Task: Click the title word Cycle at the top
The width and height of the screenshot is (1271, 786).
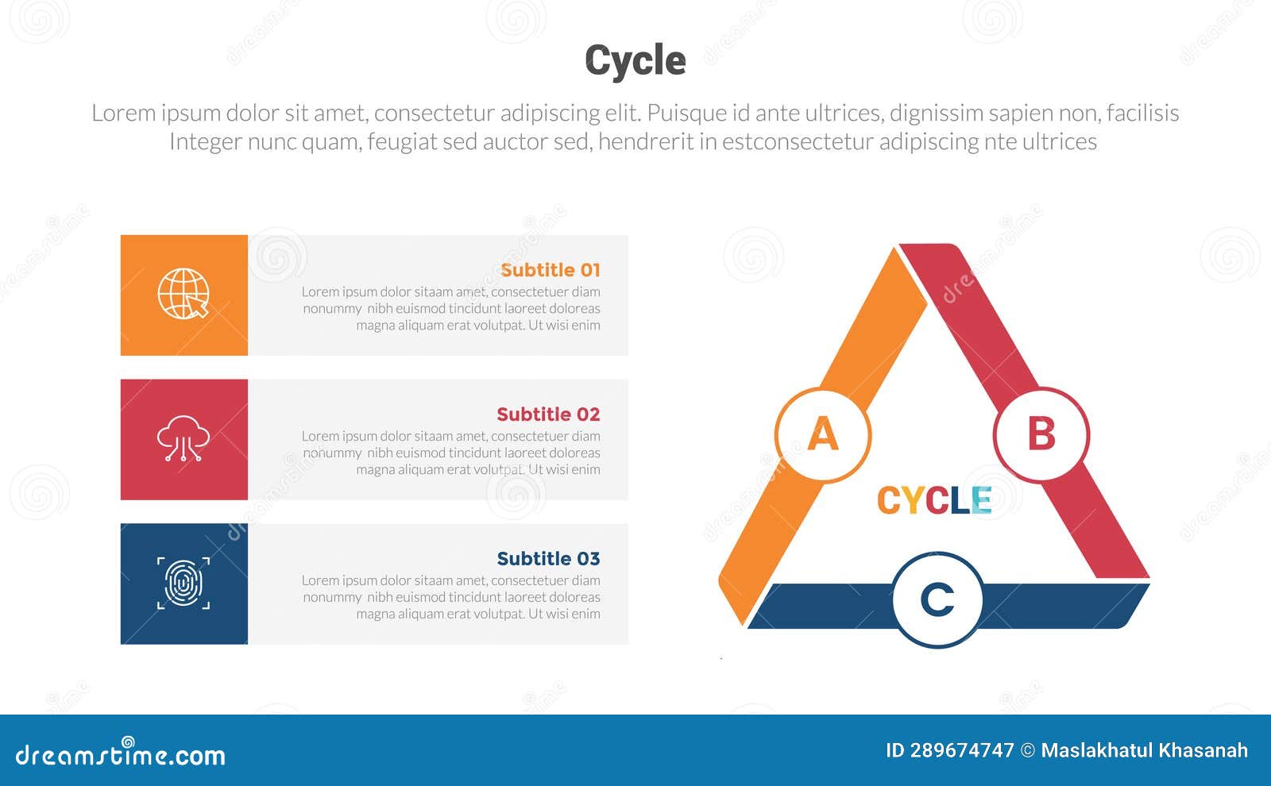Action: (635, 60)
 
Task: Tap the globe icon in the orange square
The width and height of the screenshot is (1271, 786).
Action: (184, 294)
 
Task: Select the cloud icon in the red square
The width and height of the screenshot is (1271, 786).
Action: (184, 438)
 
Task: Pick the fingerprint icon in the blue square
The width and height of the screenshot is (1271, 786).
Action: (184, 584)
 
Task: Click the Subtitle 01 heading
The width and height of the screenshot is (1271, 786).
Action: (550, 270)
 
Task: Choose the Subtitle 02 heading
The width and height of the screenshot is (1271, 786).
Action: (548, 414)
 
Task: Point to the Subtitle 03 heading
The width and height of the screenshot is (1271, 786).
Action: (548, 559)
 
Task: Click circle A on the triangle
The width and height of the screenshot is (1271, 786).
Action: (823, 435)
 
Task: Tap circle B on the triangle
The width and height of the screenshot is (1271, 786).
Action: (1041, 435)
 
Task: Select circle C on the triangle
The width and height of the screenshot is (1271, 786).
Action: (937, 600)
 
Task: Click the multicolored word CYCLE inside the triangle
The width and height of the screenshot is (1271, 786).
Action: (934, 501)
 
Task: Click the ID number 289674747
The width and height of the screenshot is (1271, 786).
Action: (962, 750)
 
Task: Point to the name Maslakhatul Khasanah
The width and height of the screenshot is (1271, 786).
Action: (1144, 750)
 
